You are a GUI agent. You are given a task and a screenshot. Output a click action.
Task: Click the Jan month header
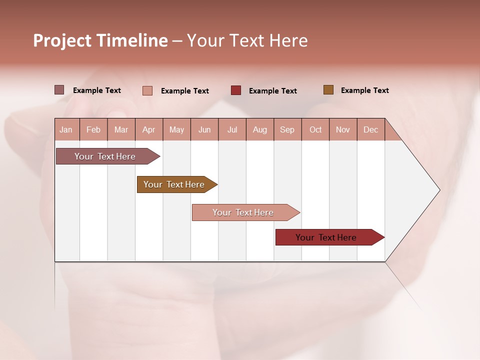(66, 129)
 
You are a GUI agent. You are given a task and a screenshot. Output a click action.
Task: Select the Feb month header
(93, 129)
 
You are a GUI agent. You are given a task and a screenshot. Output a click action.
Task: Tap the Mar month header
(121, 129)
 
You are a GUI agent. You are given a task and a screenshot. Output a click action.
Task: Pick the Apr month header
(149, 129)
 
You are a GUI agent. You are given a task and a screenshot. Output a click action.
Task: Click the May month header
(176, 129)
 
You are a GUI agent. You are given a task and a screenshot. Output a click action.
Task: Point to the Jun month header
(204, 129)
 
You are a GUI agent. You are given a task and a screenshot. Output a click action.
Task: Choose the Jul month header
(232, 129)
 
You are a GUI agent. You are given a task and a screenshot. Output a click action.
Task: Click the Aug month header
(260, 129)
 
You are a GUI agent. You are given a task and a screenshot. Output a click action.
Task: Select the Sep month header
(287, 129)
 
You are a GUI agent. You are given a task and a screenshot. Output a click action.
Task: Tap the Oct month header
(315, 129)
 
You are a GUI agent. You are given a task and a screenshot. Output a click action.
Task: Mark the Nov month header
(343, 129)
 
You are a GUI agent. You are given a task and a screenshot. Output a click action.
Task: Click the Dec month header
(371, 129)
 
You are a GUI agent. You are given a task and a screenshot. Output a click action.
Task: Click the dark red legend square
(236, 90)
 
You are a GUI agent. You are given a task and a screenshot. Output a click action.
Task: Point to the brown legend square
(328, 89)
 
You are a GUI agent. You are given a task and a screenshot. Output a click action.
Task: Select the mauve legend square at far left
(59, 89)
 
